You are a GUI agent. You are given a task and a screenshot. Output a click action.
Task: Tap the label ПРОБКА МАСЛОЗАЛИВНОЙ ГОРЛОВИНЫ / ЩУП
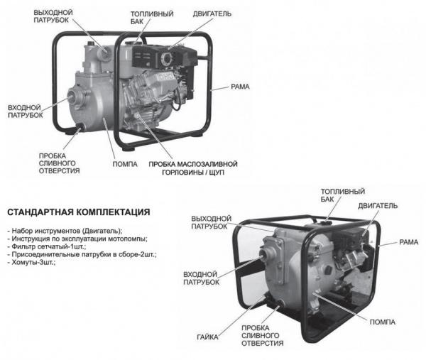[192, 168]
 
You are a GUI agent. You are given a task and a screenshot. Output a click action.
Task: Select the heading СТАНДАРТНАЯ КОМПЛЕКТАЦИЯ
[78, 212]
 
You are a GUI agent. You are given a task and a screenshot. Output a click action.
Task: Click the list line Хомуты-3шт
[32, 262]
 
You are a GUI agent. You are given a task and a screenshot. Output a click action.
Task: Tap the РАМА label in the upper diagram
[240, 87]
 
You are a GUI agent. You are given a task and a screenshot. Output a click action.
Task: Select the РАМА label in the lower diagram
[408, 243]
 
